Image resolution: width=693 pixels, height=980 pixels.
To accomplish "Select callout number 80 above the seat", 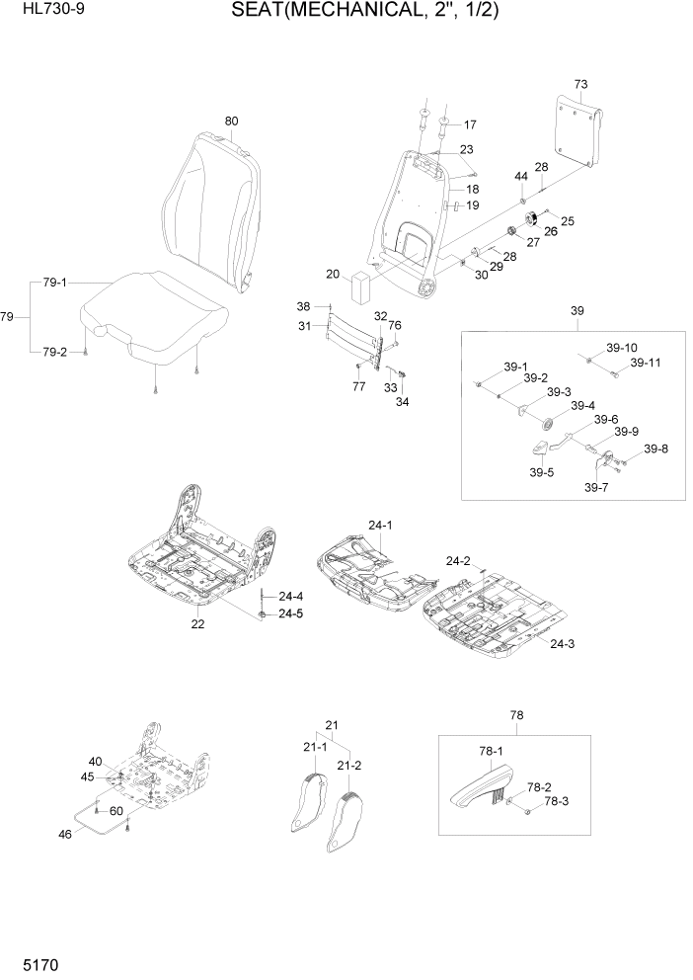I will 231,122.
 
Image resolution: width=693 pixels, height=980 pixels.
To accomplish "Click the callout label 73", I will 580,83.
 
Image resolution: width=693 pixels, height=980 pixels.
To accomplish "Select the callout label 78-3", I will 557,801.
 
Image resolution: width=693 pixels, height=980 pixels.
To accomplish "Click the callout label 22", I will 197,623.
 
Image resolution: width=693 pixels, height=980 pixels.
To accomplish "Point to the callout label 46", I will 65,834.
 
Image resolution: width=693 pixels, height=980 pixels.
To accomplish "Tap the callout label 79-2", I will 55,353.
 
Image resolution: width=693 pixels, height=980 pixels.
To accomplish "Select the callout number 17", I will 469,125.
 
